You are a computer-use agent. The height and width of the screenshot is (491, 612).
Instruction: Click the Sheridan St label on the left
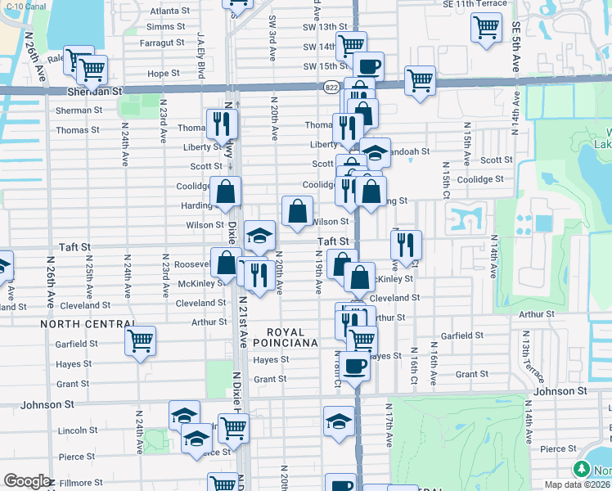(94, 92)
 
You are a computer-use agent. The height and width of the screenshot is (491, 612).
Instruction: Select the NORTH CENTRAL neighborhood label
(81, 324)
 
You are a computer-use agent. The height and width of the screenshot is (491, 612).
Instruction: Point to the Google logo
(26, 481)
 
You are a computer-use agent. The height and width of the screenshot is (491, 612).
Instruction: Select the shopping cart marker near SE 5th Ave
(486, 27)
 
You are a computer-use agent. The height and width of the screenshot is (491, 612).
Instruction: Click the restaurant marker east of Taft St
(406, 243)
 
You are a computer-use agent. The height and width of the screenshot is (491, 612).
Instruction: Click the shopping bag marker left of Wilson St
(297, 211)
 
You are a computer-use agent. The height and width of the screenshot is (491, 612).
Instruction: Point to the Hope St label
(163, 74)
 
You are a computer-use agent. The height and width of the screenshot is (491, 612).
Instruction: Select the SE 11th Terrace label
(474, 4)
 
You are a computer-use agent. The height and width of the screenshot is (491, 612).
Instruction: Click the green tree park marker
(582, 470)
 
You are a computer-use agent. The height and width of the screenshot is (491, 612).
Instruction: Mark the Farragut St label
(162, 42)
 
